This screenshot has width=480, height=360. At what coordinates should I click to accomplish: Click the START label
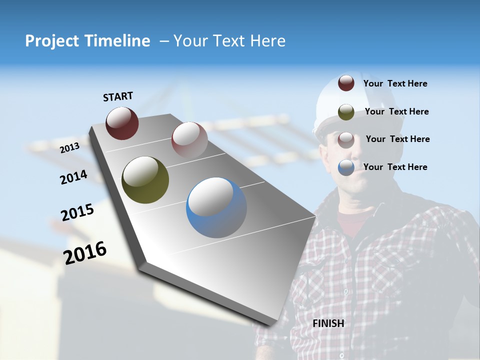tap(118, 96)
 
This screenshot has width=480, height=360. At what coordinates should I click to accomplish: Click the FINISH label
tap(328, 323)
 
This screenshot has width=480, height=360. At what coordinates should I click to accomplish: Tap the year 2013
tap(69, 147)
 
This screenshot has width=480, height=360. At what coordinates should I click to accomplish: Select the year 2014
tap(73, 177)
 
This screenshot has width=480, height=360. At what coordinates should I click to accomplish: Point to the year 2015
tap(77, 212)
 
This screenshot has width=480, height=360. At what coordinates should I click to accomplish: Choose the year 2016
tap(85, 252)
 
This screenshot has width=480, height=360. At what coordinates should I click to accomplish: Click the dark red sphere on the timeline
tap(122, 123)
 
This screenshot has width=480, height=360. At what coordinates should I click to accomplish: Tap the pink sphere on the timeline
tap(189, 140)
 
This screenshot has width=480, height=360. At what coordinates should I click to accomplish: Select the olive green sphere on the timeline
tap(145, 180)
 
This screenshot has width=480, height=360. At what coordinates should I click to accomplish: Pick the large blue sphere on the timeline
tap(216, 207)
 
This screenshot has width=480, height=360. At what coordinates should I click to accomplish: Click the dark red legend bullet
tap(346, 83)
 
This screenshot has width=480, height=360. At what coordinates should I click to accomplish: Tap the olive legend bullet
tap(346, 111)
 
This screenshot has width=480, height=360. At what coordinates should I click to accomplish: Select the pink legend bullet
tap(346, 139)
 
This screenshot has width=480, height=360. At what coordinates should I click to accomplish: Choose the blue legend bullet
tap(346, 167)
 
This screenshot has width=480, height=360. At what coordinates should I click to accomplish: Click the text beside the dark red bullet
tap(395, 83)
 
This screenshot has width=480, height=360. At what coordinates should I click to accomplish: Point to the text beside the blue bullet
tap(395, 167)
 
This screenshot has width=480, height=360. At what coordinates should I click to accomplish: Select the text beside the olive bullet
tap(396, 111)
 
